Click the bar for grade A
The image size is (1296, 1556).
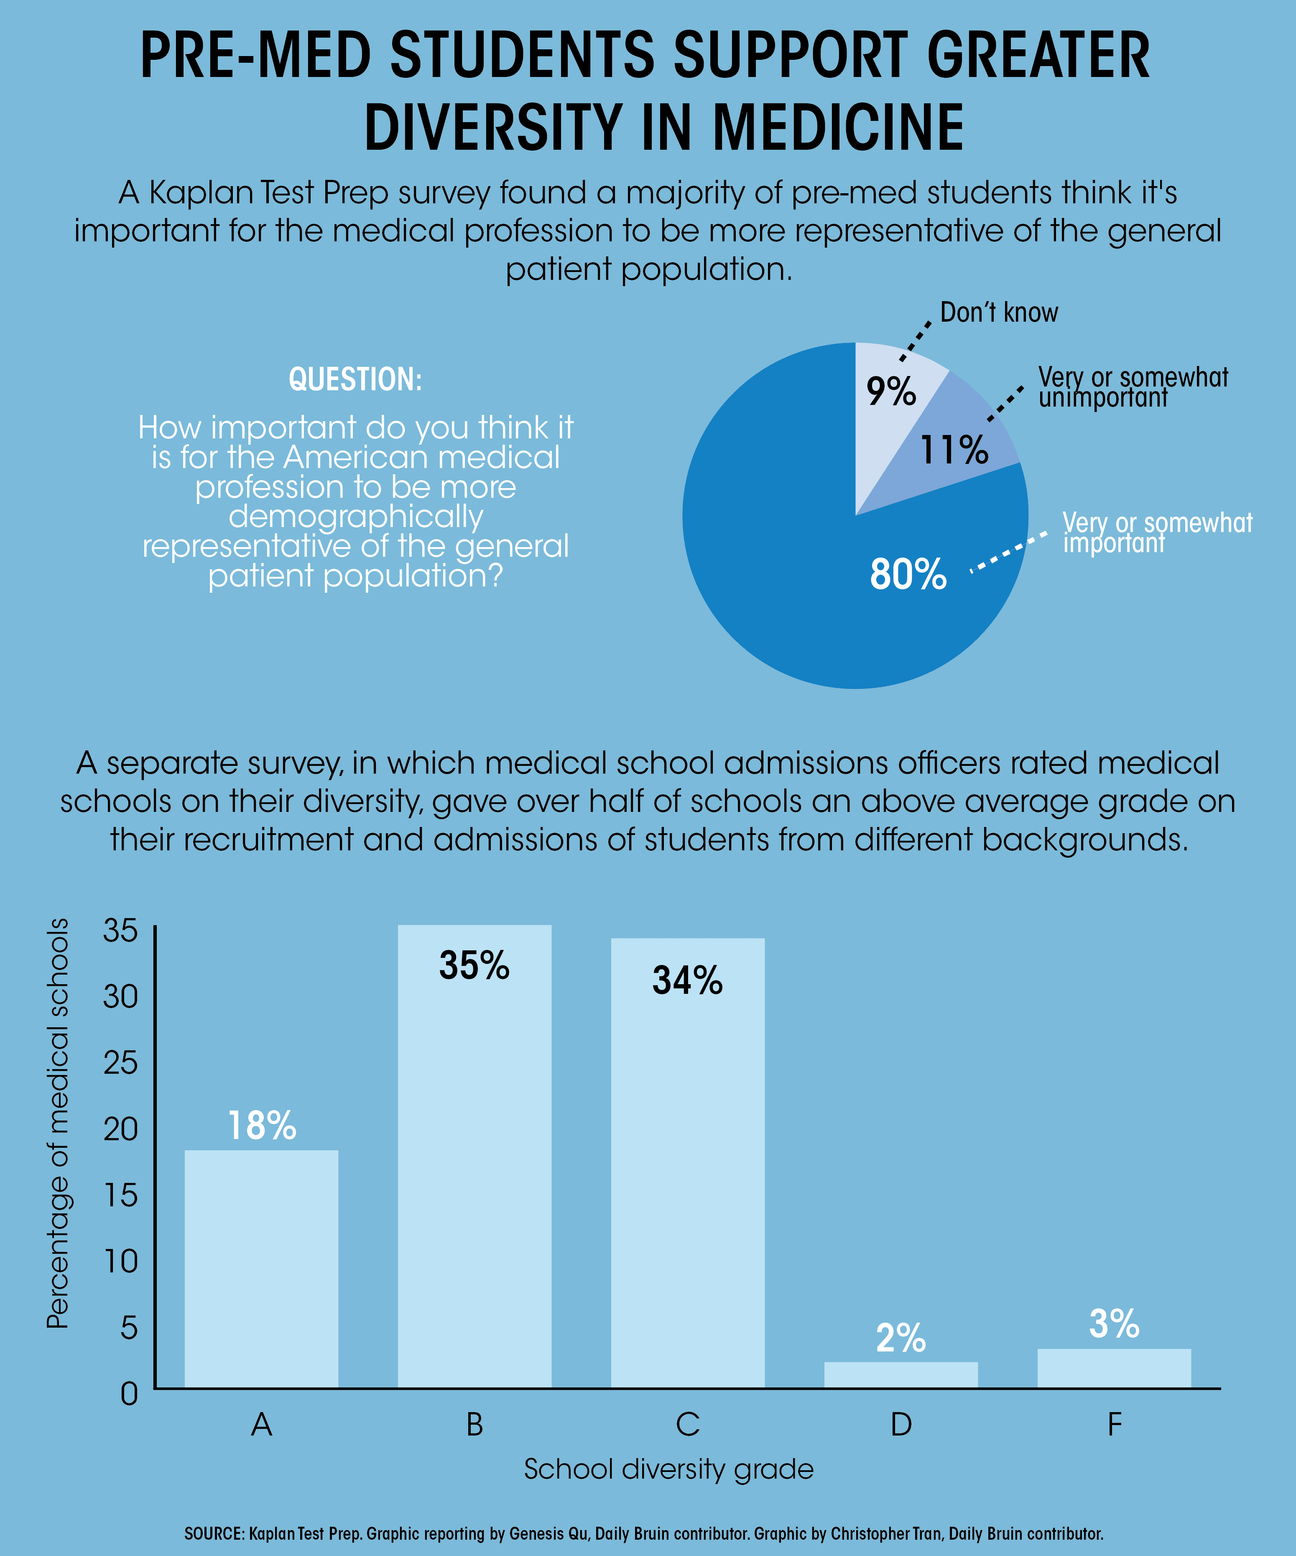coord(261,1269)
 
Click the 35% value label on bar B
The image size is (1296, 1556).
coord(474,965)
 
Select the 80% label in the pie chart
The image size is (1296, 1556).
coord(908,574)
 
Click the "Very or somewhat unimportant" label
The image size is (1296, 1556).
coord(1133,387)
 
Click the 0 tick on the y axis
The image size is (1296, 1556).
coord(130,1394)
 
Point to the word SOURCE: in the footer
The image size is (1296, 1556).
coord(214,1533)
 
